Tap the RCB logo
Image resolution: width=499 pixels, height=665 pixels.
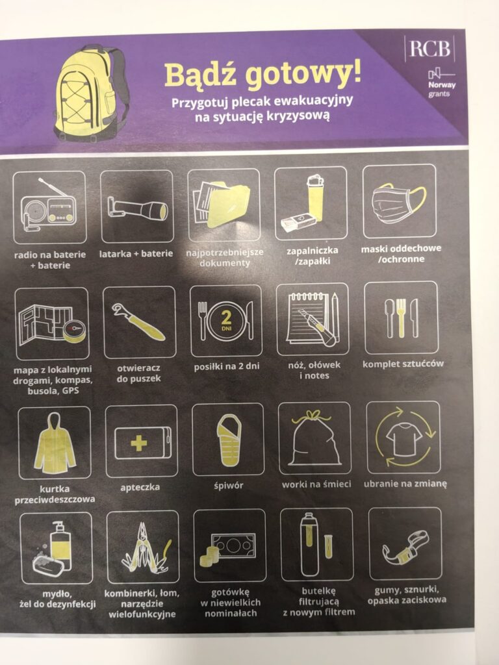click(429, 48)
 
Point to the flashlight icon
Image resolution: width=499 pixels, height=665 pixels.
click(138, 208)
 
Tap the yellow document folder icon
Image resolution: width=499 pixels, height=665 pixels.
click(222, 203)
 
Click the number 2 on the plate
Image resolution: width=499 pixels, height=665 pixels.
click(226, 318)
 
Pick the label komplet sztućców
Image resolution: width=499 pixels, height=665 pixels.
click(403, 364)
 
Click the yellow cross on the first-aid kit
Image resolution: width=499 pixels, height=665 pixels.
click(139, 443)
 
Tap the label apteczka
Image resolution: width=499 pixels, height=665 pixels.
click(140, 487)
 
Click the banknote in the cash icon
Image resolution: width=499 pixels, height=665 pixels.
click(233, 545)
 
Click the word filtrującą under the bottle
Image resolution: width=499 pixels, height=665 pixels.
click(319, 601)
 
